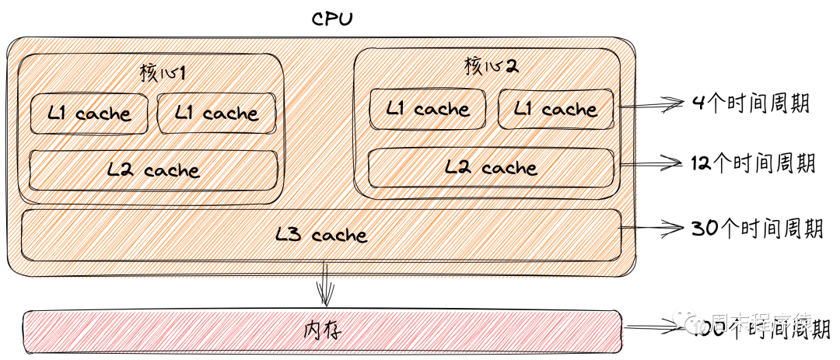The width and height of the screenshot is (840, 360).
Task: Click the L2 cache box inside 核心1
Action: (153, 170)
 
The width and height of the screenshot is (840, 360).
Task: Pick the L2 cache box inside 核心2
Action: (491, 168)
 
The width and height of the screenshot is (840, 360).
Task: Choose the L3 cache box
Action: (321, 234)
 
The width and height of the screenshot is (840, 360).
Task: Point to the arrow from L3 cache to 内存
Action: (325, 285)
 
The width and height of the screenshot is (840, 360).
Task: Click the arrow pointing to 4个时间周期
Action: (652, 103)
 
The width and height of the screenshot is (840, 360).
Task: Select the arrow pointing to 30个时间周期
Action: (652, 228)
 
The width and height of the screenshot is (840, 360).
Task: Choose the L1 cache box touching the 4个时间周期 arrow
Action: (555, 110)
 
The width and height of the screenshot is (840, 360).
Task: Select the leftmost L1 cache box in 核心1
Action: (89, 114)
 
